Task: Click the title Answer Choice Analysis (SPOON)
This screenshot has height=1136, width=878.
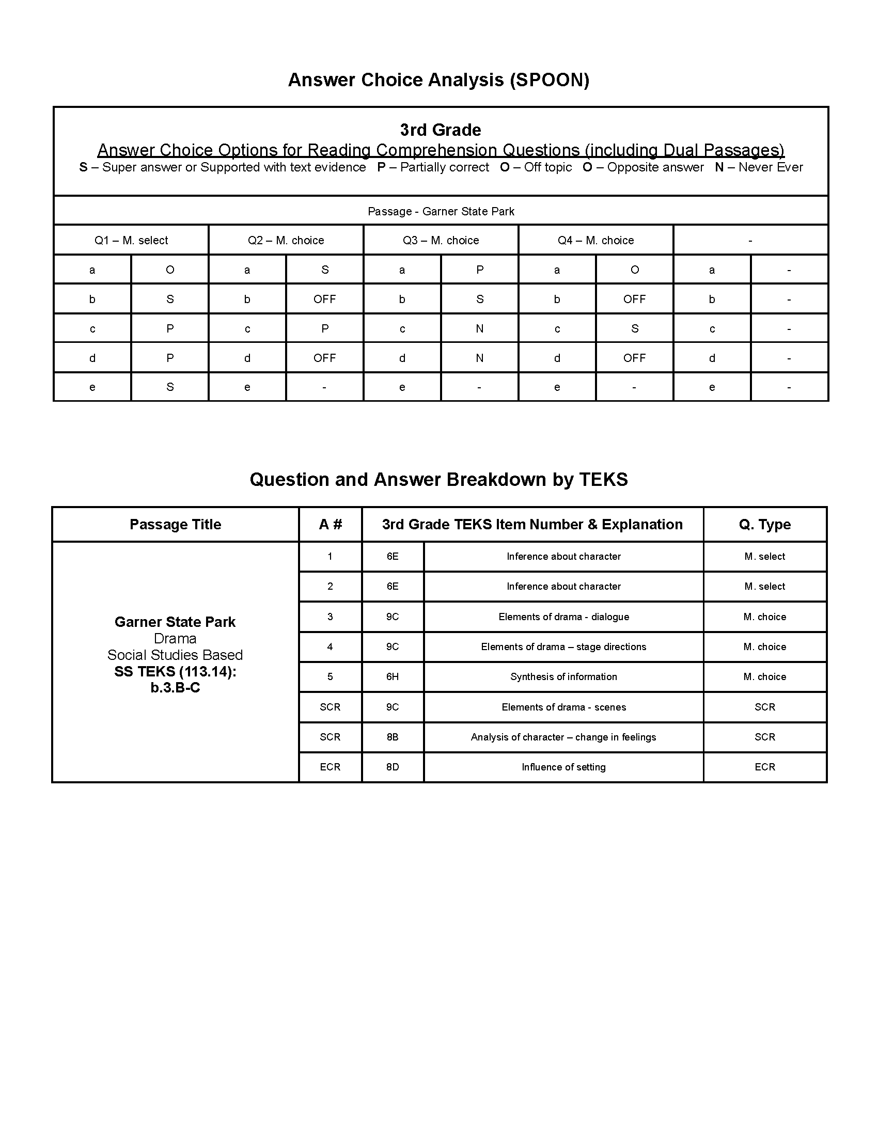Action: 438,80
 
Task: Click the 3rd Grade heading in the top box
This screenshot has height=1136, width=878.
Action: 440,130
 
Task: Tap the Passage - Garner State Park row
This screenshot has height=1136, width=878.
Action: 441,211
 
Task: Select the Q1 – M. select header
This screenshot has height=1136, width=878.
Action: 131,240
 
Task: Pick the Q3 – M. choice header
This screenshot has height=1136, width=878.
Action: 441,240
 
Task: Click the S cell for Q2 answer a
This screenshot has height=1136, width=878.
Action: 324,270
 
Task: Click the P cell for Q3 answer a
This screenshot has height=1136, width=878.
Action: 480,270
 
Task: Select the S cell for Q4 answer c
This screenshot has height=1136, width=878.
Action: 634,329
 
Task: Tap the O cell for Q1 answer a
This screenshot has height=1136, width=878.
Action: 169,270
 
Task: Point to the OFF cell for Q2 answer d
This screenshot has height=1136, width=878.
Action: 324,358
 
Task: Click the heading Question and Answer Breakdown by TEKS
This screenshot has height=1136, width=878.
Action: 438,479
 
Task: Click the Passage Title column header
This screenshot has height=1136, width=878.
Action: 175,524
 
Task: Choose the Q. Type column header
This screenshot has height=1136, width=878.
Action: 764,524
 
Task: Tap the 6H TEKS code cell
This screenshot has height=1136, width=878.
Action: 392,677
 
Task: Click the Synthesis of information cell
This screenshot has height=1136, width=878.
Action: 563,677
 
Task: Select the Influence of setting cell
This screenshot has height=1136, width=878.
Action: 563,767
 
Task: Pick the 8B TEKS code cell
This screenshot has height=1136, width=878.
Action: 392,737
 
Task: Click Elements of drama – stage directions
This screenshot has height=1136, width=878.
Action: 563,646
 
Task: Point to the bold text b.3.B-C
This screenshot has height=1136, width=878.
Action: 175,688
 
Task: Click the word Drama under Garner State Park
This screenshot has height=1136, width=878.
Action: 175,638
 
